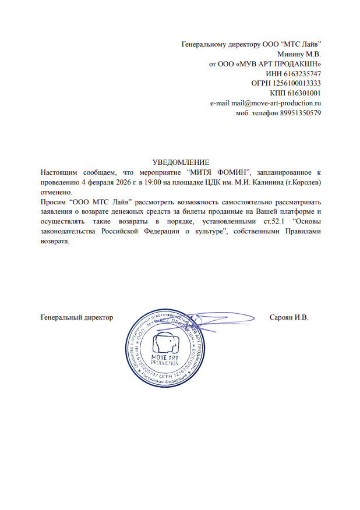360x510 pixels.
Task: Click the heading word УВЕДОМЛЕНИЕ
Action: pyautogui.click(x=180, y=162)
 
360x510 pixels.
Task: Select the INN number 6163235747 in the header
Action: pyautogui.click(x=301, y=74)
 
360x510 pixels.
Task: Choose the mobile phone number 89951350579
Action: pyautogui.click(x=300, y=113)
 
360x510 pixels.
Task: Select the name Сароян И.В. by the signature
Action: pyautogui.click(x=289, y=317)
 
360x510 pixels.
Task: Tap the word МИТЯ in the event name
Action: pyautogui.click(x=206, y=172)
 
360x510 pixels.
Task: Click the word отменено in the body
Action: pyautogui.click(x=57, y=192)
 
